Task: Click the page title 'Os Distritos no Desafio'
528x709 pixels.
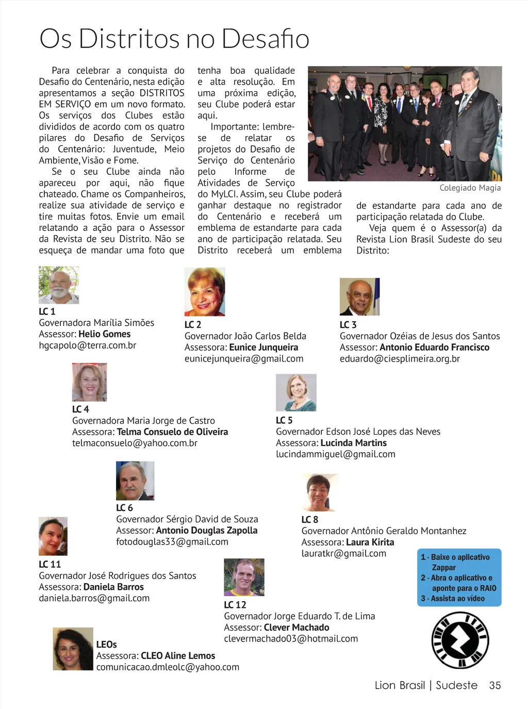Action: (x=174, y=39)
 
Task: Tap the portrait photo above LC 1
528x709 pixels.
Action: (x=59, y=285)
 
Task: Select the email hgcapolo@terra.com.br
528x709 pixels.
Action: (x=88, y=345)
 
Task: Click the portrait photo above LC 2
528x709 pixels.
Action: (x=205, y=292)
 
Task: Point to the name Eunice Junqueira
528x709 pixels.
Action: (x=263, y=348)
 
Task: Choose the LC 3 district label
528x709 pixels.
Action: (x=348, y=325)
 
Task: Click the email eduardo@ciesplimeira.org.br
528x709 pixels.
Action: (x=400, y=359)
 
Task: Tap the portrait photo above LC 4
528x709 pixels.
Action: (x=90, y=382)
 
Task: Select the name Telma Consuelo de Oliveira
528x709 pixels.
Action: (x=172, y=432)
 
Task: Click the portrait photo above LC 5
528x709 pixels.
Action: (x=296, y=392)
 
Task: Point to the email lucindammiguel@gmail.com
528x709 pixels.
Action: (x=336, y=454)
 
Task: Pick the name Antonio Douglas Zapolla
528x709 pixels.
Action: (x=206, y=531)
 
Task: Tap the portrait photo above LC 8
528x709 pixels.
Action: (x=320, y=492)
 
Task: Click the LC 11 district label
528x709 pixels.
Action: (x=50, y=565)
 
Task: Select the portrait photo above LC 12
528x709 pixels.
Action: (x=244, y=578)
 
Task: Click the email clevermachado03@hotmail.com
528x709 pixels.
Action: (x=291, y=639)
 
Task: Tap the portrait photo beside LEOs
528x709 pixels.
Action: (x=73, y=649)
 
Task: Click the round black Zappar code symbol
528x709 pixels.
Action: (x=460, y=640)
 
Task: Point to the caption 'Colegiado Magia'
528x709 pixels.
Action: (x=470, y=188)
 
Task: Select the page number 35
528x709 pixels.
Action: (x=495, y=685)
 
